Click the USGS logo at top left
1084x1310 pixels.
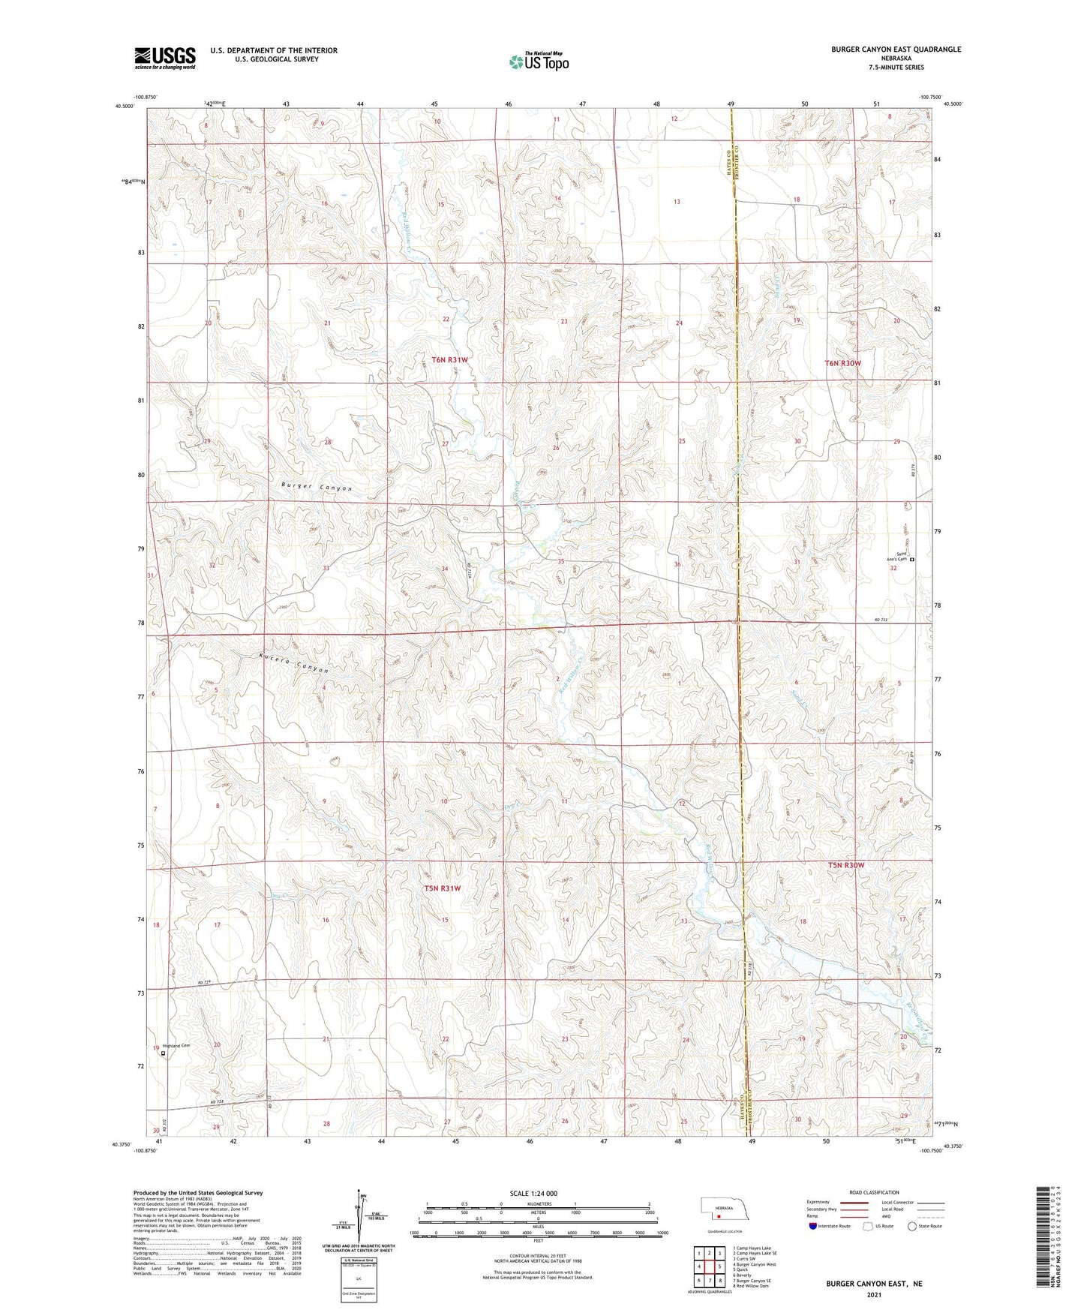(x=165, y=58)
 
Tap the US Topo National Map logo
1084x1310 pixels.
(x=538, y=62)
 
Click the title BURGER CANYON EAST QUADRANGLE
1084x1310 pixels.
(x=895, y=50)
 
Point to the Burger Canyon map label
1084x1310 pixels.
(x=316, y=487)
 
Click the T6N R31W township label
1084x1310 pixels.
(x=449, y=360)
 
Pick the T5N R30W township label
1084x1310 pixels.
(x=845, y=865)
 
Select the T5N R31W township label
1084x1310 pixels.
(x=443, y=888)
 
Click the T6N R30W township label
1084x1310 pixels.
(x=842, y=363)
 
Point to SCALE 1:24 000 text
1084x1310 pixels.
(x=533, y=1193)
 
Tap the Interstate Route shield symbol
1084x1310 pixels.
(x=814, y=1226)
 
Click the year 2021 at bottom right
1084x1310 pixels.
(x=873, y=1295)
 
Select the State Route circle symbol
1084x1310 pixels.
(x=911, y=1226)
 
